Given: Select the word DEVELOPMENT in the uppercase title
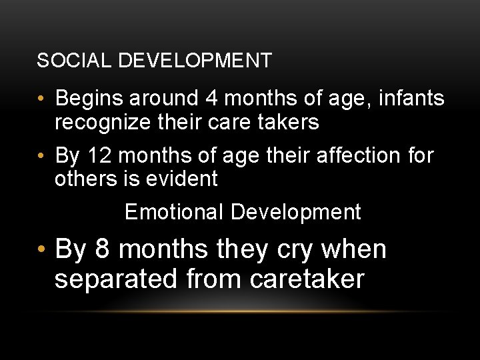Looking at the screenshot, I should tap(195, 61).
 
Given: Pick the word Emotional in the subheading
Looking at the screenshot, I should tap(175, 212).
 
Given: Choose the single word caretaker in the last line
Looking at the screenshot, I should tap(307, 279).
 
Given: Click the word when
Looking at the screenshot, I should tap(354, 249).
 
